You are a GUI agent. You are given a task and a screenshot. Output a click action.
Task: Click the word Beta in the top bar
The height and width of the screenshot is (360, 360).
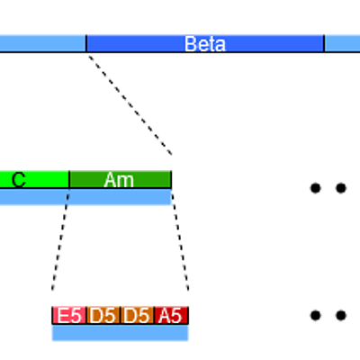(205, 44)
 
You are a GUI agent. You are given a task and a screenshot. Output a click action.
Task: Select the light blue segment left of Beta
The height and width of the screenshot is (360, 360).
(42, 43)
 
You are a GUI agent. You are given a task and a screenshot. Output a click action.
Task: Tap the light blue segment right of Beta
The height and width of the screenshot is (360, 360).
(343, 43)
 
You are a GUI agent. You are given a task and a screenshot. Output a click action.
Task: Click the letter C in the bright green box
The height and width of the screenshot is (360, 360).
(19, 180)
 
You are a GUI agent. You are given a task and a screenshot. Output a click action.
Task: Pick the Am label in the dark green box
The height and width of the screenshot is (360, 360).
(119, 180)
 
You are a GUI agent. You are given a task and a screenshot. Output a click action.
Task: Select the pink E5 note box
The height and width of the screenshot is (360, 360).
(69, 315)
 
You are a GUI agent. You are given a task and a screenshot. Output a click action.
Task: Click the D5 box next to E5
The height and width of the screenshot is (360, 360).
(103, 315)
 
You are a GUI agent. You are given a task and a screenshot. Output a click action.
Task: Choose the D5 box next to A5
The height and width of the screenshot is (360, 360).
(137, 315)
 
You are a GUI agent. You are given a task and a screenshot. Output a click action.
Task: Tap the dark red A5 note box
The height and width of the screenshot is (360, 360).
(171, 315)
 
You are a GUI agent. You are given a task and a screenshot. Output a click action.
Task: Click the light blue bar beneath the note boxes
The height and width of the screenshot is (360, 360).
(120, 333)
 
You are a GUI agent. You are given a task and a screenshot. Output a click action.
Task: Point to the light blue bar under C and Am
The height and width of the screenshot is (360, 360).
(85, 197)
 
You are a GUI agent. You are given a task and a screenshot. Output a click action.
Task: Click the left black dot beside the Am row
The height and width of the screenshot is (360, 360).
(315, 188)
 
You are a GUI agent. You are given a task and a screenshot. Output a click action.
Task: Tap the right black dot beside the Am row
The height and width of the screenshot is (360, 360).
(341, 188)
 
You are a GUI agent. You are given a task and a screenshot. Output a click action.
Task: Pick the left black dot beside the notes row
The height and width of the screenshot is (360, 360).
(315, 315)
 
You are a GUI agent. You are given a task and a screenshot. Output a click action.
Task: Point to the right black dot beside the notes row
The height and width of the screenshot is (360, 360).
(341, 315)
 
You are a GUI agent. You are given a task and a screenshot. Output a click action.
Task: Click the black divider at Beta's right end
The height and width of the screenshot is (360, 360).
(324, 43)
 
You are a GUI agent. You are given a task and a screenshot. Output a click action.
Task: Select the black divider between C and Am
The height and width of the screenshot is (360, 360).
(69, 180)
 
